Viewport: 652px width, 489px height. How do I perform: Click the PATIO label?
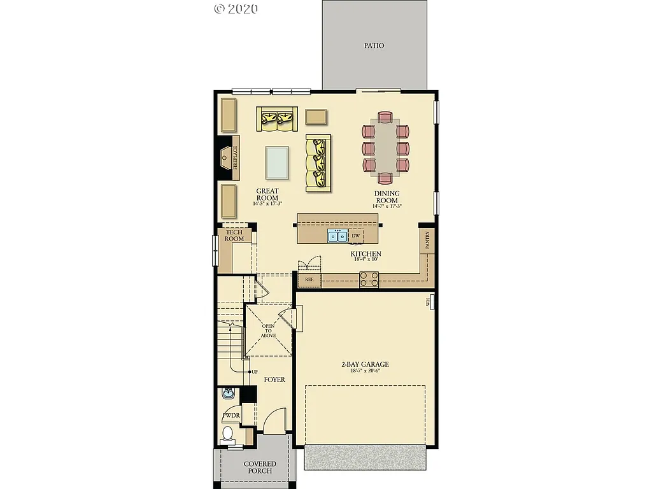tap(374, 46)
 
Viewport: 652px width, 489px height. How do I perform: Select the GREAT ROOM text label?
tap(267, 195)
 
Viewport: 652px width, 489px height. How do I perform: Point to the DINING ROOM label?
tap(386, 197)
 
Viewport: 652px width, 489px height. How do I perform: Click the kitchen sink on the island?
tap(337, 236)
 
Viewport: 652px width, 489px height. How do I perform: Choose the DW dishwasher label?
tap(356, 236)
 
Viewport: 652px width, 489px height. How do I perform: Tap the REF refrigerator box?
tap(309, 280)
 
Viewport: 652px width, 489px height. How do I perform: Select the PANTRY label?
tap(427, 240)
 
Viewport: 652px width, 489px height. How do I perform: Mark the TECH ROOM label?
tap(234, 236)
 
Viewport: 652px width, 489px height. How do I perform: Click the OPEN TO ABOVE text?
tap(268, 330)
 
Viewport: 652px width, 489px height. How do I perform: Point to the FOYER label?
tap(274, 379)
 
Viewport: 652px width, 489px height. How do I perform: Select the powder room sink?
tap(228, 394)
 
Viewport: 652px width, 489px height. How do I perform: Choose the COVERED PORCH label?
tap(260, 467)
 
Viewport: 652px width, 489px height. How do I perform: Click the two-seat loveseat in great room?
tap(278, 119)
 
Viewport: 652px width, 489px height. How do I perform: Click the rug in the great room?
tap(276, 163)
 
